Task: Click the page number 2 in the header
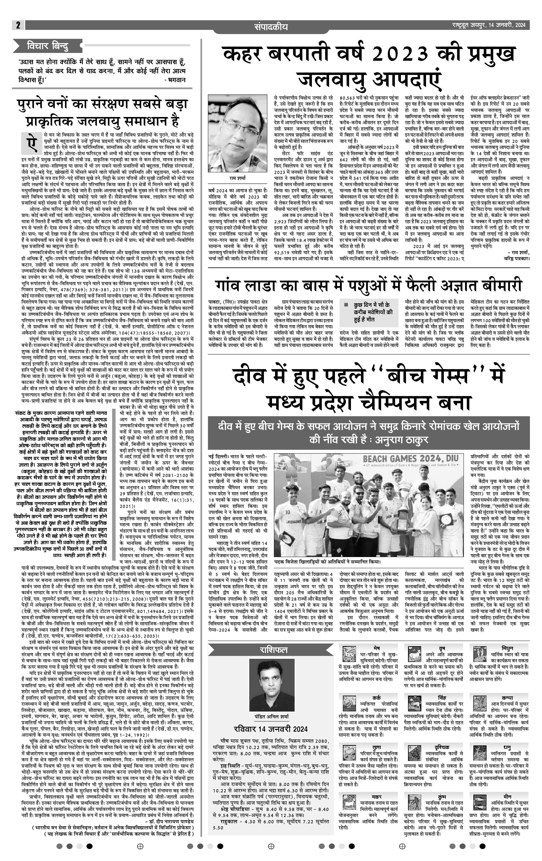tap(18, 25)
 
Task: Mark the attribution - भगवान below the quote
tap(175, 80)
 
